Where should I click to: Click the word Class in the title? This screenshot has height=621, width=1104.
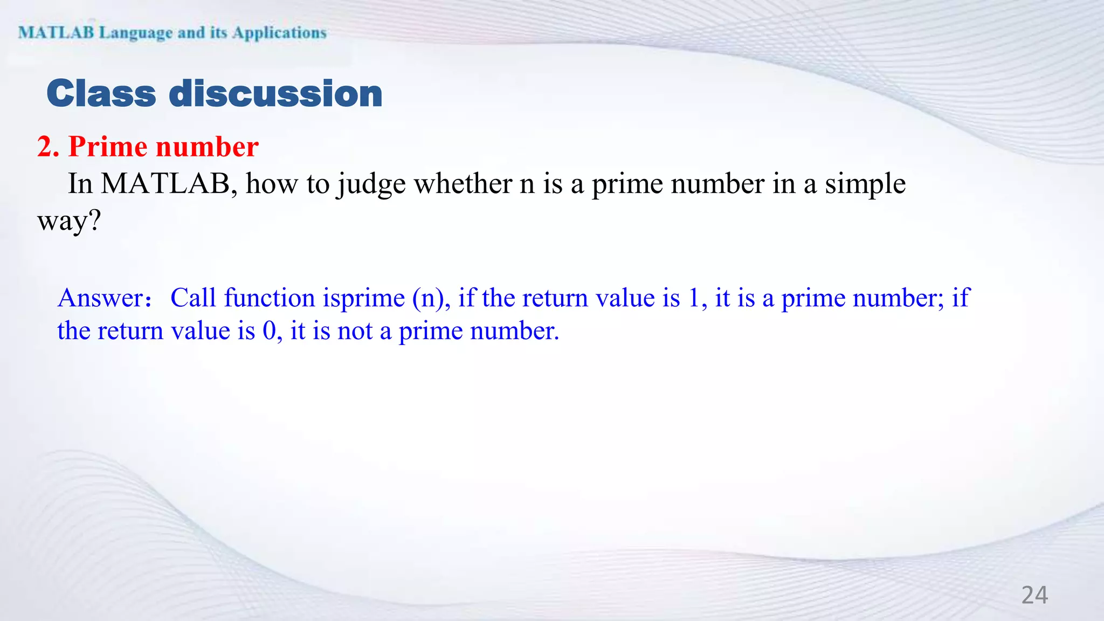coord(101,94)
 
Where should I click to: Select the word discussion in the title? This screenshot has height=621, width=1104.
coord(275,94)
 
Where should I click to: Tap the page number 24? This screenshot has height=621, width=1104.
coord(1034,595)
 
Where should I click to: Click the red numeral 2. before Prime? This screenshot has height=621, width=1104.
coord(48,147)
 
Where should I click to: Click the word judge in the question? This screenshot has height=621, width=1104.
coord(371,185)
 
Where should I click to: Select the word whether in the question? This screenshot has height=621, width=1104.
coord(463,184)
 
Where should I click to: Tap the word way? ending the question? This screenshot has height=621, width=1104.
coord(69,222)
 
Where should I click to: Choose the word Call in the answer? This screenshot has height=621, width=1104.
coord(193,298)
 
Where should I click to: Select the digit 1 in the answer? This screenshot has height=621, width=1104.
coord(694,298)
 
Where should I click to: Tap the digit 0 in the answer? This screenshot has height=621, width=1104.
coord(269,331)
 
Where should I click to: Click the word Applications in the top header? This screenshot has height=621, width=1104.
coord(279,33)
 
